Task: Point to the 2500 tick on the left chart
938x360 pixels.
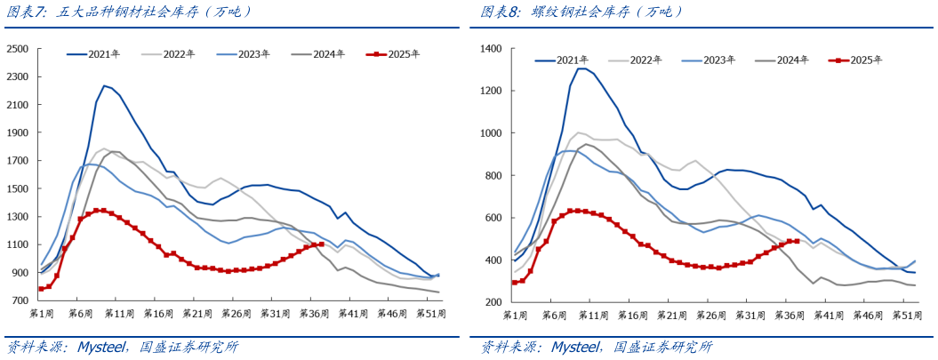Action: tap(19, 48)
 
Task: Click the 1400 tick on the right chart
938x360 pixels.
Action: tap(491, 48)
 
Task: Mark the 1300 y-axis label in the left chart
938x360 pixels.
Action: tap(19, 216)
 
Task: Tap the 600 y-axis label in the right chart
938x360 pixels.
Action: tap(494, 218)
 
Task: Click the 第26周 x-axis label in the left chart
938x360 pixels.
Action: tap(237, 315)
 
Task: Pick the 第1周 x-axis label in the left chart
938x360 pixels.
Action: tap(42, 315)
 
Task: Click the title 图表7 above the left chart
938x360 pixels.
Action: tap(27, 12)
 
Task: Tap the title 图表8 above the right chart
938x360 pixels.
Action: tap(501, 12)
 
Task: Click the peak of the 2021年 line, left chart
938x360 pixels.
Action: tap(104, 85)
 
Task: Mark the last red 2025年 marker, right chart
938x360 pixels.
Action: tap(797, 241)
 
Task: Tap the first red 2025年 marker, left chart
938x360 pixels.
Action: tap(41, 289)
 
